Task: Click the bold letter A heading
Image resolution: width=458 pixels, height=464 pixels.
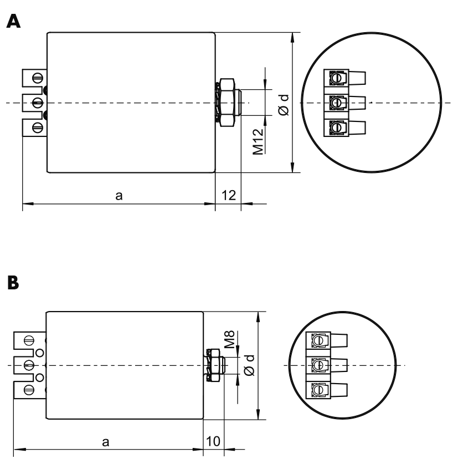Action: (x=13, y=21)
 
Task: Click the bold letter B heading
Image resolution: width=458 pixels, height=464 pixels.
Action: (x=13, y=283)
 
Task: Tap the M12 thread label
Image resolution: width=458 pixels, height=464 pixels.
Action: (x=258, y=141)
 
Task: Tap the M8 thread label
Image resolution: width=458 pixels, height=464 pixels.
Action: (x=229, y=339)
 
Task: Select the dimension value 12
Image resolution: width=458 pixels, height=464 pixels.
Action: (x=229, y=195)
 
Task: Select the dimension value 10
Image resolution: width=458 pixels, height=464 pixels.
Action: (x=213, y=441)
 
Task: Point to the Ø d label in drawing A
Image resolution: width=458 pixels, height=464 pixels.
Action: (x=284, y=105)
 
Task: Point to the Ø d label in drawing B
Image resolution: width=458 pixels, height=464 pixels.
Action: (x=250, y=365)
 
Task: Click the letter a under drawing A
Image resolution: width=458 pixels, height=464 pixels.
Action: (x=119, y=196)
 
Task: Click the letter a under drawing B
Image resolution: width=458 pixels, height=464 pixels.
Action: (x=106, y=442)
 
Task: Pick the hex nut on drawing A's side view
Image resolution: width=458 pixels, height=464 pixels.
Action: (x=227, y=103)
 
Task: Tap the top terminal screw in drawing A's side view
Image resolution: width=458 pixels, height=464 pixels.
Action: (x=38, y=78)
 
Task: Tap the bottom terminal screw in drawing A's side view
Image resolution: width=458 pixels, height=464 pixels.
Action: (x=38, y=128)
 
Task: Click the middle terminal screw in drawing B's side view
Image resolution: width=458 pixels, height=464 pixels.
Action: (x=29, y=365)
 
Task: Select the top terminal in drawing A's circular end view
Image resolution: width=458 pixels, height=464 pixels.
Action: (x=345, y=78)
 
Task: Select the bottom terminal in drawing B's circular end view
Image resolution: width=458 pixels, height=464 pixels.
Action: (x=326, y=390)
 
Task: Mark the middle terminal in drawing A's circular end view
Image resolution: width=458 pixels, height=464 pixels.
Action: (x=345, y=103)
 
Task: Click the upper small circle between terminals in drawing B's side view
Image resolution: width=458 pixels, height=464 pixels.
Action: (x=40, y=353)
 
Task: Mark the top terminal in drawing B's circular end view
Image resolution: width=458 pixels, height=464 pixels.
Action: (x=326, y=340)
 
